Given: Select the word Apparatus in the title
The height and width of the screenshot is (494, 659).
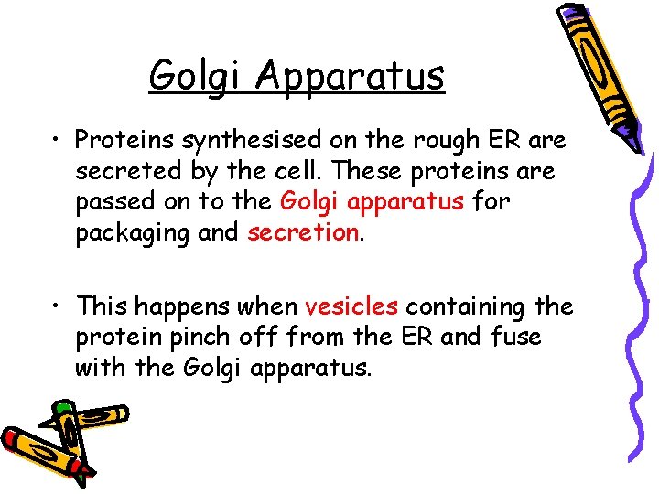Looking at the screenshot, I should click(351, 76).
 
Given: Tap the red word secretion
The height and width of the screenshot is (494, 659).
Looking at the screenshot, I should click(303, 233).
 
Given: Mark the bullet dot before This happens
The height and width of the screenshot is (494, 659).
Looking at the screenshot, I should click(59, 306).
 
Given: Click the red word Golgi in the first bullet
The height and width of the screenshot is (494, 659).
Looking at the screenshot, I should click(306, 202).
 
